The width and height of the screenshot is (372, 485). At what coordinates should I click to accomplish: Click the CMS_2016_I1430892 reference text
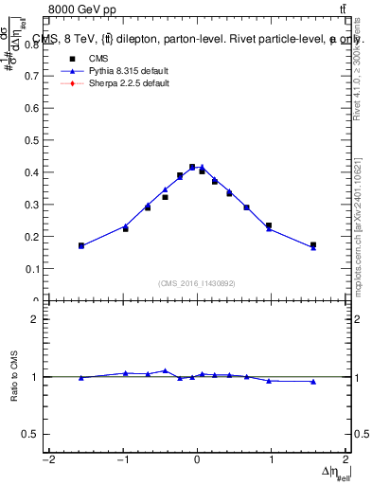pyautogui.click(x=197, y=282)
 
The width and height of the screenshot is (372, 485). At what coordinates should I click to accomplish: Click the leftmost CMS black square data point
pyautogui.click(x=81, y=245)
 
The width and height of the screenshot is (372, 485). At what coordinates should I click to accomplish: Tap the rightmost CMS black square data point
pyautogui.click(x=313, y=244)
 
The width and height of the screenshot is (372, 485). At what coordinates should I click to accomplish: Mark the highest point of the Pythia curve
pyautogui.click(x=201, y=167)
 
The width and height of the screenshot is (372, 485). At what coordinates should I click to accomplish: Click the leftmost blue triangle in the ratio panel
pyautogui.click(x=81, y=378)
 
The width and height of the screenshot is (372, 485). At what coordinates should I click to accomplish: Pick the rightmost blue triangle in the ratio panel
pyautogui.click(x=313, y=382)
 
